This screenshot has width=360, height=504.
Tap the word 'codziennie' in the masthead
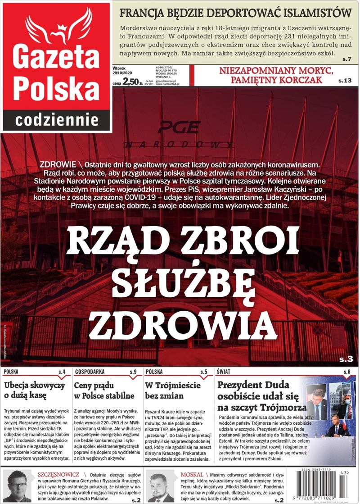coord(57,119)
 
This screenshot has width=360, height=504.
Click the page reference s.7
coord(346,59)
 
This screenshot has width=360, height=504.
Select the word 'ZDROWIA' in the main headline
coord(180,325)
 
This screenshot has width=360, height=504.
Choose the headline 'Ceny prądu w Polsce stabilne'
coord(104,390)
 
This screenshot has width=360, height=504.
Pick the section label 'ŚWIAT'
coord(224,372)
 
